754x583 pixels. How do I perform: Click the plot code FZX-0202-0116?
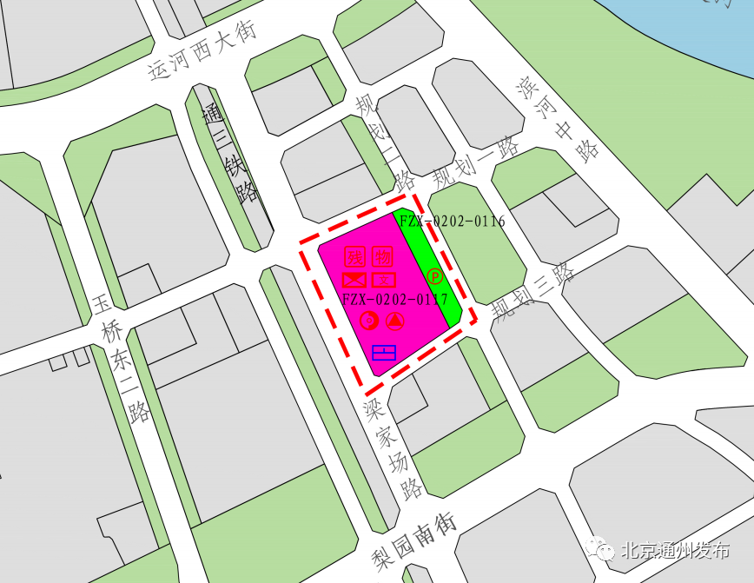[x=453, y=222]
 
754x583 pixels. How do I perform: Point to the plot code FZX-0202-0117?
[x=395, y=300]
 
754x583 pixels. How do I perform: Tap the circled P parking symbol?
[x=435, y=276]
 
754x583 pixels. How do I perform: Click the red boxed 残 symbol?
[x=355, y=256]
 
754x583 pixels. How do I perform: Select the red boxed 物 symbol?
[x=383, y=256]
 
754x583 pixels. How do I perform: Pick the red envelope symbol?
[x=354, y=280]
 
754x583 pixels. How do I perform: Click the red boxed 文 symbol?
[x=383, y=280]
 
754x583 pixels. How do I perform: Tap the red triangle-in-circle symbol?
[x=395, y=321]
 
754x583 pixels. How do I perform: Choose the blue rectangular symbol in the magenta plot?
[x=383, y=353]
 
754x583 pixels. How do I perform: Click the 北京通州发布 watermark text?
[x=674, y=551]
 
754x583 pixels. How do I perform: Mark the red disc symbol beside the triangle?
[x=369, y=321]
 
